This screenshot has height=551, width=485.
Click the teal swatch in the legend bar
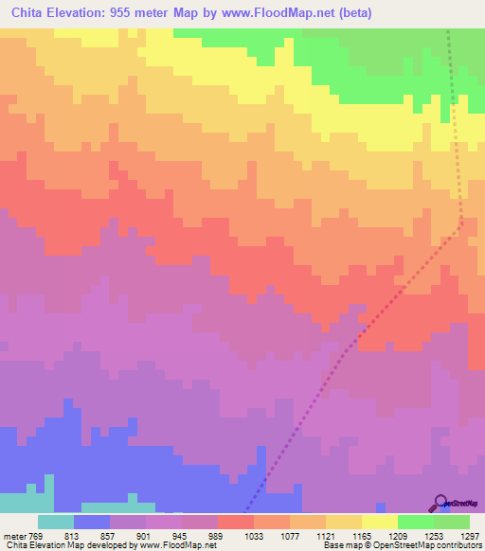pos(56,522)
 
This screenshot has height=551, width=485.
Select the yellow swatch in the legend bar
pos(380,522)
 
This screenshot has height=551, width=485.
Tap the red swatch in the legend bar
pos(236,522)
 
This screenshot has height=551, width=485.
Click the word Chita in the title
pos(29,13)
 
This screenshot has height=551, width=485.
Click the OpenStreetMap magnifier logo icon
pos(441,502)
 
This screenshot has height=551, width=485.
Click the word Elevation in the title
pos(82,13)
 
